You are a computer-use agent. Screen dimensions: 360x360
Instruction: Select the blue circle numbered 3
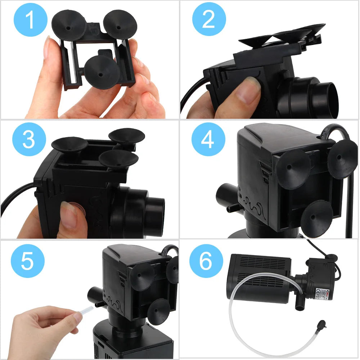[29, 139]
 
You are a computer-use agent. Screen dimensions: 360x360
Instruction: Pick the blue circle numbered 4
[208, 139]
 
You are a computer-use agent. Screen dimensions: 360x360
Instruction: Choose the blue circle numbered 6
[206, 261]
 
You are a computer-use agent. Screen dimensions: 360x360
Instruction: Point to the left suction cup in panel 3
[69, 145]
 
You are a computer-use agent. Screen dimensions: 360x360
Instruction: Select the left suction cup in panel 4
[293, 168]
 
